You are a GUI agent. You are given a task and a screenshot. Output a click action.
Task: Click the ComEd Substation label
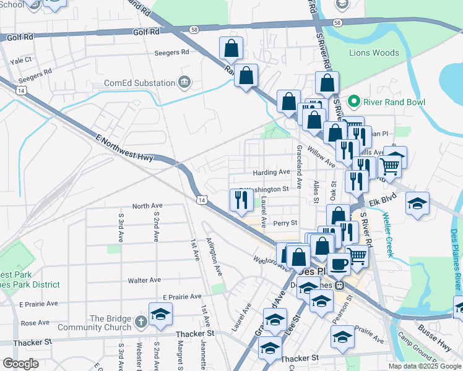point(139,83)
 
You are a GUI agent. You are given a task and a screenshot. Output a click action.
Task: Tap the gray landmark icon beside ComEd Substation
point(184,83)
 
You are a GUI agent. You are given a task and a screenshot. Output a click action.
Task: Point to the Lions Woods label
point(374,53)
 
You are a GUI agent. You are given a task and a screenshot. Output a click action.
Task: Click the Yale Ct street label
point(20,61)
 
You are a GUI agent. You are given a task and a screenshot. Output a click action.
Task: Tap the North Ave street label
point(147,205)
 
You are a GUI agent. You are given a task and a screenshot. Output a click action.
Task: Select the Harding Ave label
point(271,172)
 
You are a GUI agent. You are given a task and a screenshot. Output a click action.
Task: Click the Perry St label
point(285,223)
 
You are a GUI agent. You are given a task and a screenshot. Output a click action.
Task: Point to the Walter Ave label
point(144,280)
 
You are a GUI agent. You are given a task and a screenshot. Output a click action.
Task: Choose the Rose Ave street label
point(35,323)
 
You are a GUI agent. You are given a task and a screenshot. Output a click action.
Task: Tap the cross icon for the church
point(141,322)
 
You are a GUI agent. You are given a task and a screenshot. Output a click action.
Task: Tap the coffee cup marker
point(339,264)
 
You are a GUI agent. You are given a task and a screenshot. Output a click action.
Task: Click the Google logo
point(21,364)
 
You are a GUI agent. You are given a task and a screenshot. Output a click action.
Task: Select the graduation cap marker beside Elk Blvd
point(418,203)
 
